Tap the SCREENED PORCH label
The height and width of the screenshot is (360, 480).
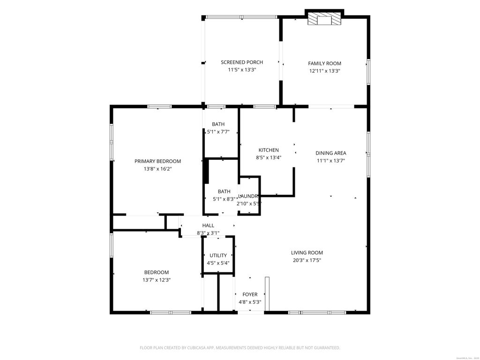pyautogui.click(x=242, y=62)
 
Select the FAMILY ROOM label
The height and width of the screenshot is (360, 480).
pyautogui.click(x=324, y=63)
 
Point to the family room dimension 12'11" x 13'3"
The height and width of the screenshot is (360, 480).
pyautogui.click(x=324, y=71)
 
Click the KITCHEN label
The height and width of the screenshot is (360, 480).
pyautogui.click(x=268, y=150)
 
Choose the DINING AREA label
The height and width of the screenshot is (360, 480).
pyautogui.click(x=331, y=153)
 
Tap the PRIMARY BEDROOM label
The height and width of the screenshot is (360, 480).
pyautogui.click(x=157, y=161)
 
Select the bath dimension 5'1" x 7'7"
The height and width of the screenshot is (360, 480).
pyautogui.click(x=218, y=132)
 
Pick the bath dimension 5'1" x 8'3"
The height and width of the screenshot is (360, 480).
pyautogui.click(x=224, y=199)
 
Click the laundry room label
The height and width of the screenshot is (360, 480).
pyautogui.click(x=248, y=196)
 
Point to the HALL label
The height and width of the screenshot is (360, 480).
pyautogui.click(x=208, y=225)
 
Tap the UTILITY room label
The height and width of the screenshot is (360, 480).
pyautogui.click(x=218, y=255)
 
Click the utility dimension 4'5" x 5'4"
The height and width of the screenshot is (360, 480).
pyautogui.click(x=218, y=263)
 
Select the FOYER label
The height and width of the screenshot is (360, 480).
pyautogui.click(x=250, y=294)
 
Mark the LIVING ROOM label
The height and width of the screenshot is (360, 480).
pyautogui.click(x=307, y=253)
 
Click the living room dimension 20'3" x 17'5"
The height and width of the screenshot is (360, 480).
pyautogui.click(x=307, y=261)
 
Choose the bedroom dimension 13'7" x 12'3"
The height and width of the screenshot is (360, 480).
pyautogui.click(x=157, y=280)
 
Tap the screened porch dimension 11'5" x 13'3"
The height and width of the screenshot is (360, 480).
pyautogui.click(x=242, y=70)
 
